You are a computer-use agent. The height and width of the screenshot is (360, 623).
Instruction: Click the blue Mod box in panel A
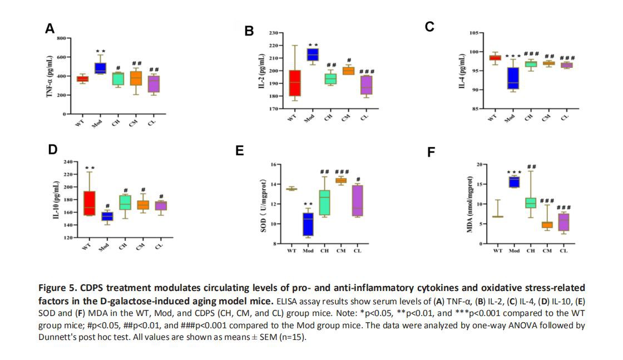[x=100, y=68]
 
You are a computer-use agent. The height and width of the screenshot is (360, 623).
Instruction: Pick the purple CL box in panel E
[x=358, y=201]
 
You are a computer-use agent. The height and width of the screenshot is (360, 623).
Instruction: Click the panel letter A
[x=50, y=29]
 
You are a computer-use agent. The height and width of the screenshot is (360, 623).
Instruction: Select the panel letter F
[x=431, y=152]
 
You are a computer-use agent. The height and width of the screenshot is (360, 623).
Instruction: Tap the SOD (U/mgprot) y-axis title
[x=265, y=205]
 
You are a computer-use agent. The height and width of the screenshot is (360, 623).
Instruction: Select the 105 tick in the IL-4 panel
[x=474, y=33]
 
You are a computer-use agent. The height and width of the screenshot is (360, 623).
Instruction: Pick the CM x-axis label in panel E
[x=341, y=251]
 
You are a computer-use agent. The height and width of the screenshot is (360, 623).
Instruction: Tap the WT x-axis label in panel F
[x=498, y=251]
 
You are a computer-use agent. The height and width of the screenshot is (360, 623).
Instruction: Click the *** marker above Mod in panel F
[x=515, y=172]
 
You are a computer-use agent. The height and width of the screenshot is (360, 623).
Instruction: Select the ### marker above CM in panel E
[x=342, y=172]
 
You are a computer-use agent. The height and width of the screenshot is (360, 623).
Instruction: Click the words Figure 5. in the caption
[x=55, y=288]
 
